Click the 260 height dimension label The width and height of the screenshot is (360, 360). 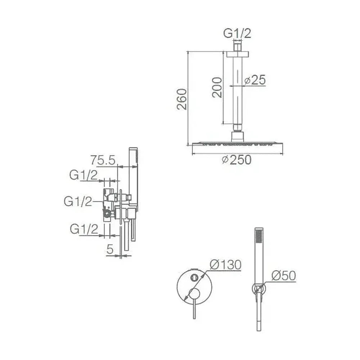[x=182, y=99]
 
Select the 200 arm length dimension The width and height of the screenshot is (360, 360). [x=217, y=87]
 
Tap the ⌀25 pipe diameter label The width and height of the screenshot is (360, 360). [x=255, y=80]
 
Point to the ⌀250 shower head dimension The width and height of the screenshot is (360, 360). [x=237, y=160]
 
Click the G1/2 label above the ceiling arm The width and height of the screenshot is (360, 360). [x=237, y=33]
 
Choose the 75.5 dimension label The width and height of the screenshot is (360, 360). [x=103, y=160]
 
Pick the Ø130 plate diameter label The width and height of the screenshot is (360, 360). [x=225, y=265]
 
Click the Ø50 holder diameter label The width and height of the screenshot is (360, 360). [x=284, y=275]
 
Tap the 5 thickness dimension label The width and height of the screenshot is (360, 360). [x=110, y=249]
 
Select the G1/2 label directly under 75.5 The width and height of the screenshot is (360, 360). [x=84, y=175]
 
